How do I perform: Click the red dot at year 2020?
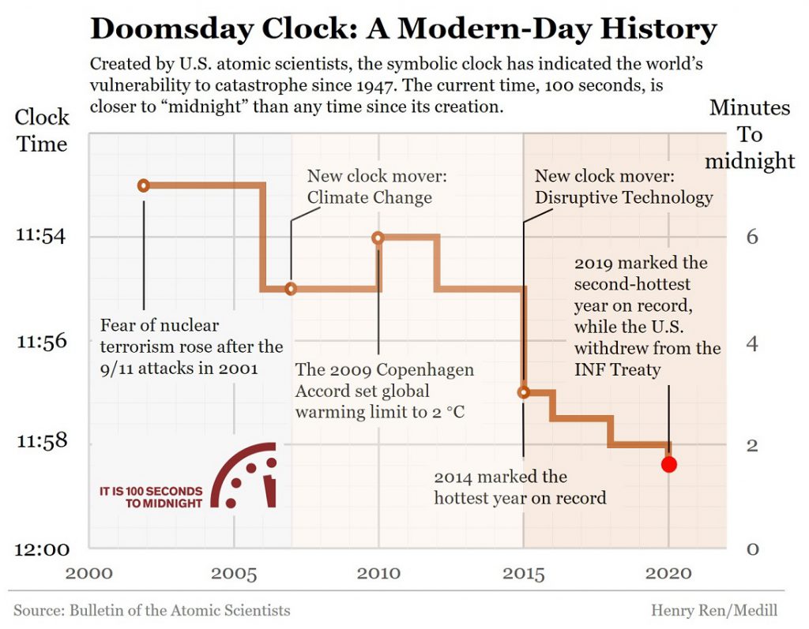669,464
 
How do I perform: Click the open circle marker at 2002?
144,185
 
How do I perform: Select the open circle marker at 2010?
378,238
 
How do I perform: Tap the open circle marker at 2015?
523,392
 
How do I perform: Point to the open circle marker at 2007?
291,289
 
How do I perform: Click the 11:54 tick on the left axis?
41,236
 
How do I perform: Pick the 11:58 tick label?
41,443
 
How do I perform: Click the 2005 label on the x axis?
234,574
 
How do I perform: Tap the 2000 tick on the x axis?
89,574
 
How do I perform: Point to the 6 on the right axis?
753,237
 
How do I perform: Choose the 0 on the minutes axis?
753,549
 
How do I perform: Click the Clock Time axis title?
43,131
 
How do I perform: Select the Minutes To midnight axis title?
750,134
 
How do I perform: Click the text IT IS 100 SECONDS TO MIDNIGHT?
151,496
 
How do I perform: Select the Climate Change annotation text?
370,197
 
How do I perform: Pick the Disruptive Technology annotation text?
623,197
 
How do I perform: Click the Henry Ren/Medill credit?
714,610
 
